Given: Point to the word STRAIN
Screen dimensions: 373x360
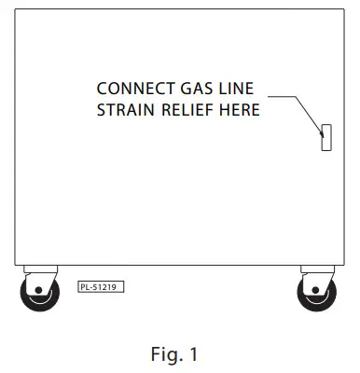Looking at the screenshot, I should pyautogui.click(x=124, y=111).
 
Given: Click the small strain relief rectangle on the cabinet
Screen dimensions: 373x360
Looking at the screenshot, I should pyautogui.click(x=326, y=136).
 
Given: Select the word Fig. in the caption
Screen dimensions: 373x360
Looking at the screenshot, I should pyautogui.click(x=165, y=354).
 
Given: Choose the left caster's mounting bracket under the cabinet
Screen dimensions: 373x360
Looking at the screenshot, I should pyautogui.click(x=38, y=271).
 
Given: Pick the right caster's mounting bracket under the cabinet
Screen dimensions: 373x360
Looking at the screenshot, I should pyautogui.click(x=316, y=271).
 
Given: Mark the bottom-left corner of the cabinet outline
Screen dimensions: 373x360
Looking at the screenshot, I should pyautogui.click(x=16, y=265).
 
